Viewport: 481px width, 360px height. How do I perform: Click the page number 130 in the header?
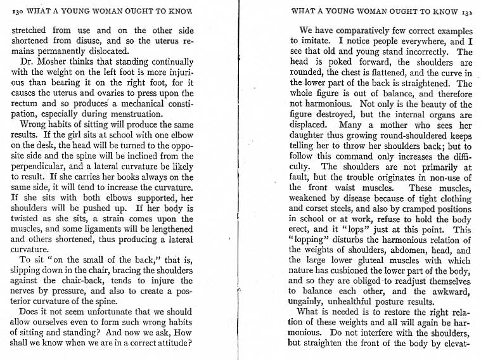click(18, 11)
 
